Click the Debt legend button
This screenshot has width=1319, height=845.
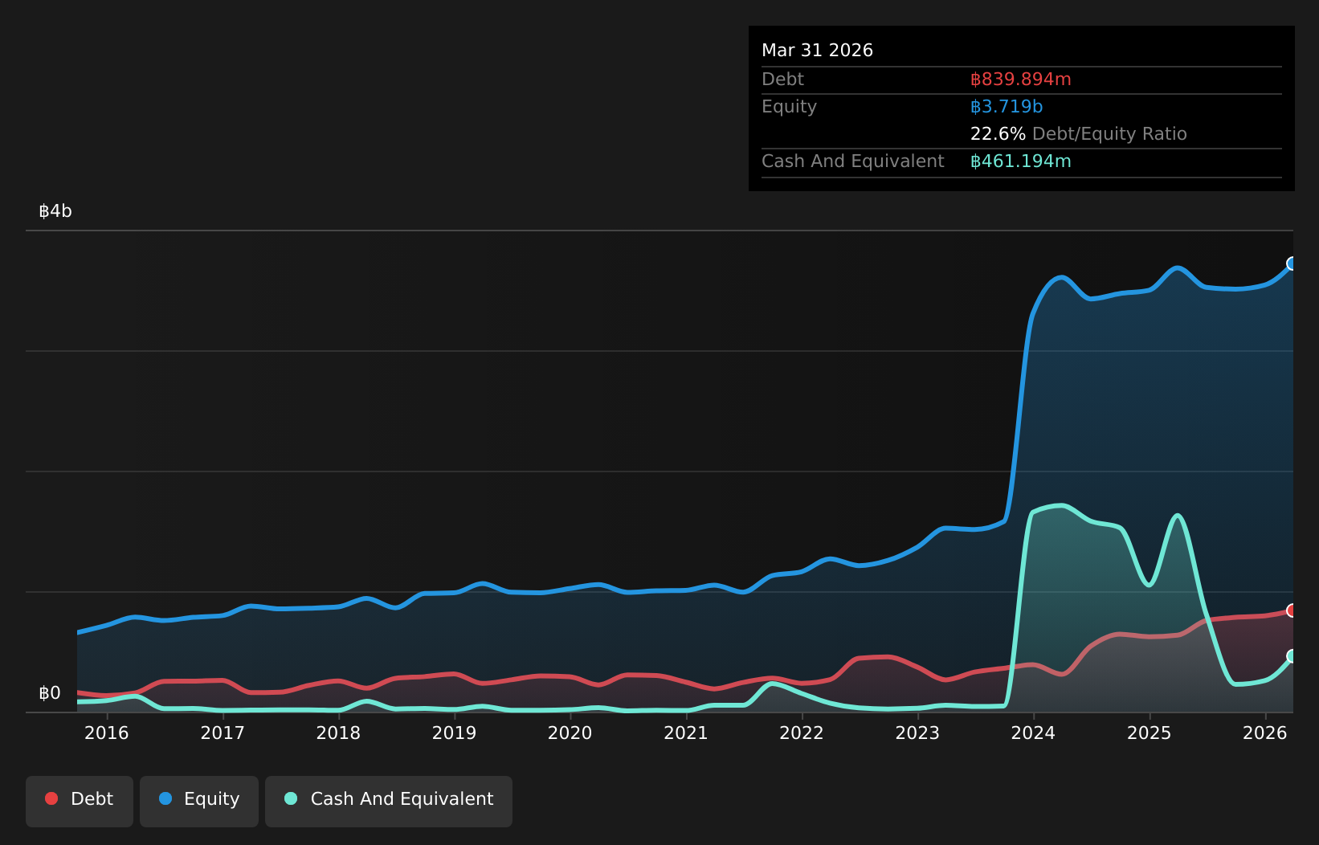79,801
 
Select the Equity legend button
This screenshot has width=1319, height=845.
199,801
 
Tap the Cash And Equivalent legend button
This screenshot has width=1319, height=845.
389,801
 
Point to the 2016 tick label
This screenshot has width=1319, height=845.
107,733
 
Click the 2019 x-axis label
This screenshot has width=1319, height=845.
454,733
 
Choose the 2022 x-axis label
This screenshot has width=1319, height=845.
802,733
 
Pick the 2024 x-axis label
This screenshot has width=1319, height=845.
1033,733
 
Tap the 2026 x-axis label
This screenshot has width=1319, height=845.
1265,733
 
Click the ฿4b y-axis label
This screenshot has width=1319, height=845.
55,210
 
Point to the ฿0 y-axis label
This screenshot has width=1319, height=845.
50,693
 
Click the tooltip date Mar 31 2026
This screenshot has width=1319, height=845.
817,51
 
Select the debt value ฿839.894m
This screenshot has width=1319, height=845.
1020,80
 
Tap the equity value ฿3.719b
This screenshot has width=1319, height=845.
1007,107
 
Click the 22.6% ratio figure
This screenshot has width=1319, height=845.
998,134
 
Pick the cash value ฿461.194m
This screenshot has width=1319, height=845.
1020,161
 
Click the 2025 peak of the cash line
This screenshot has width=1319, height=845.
1177,516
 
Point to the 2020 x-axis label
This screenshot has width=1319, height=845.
570,733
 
